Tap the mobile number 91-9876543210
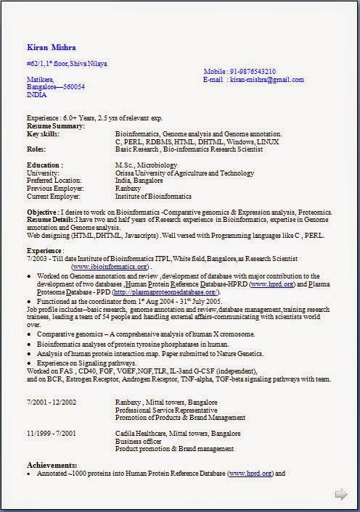(x=252, y=71)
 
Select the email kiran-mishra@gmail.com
(x=263, y=79)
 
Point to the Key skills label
(x=44, y=134)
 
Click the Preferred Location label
(x=54, y=181)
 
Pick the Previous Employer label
(x=54, y=189)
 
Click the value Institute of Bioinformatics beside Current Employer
(x=153, y=196)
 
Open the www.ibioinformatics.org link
(x=116, y=266)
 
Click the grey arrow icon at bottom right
(x=340, y=495)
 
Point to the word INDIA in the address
(x=36, y=94)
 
